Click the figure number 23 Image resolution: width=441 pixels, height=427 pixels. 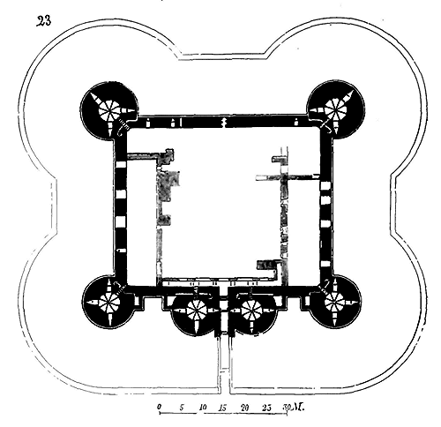(44, 21)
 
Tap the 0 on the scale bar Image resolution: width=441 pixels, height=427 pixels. (160, 407)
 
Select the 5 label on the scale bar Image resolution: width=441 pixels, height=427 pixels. (182, 408)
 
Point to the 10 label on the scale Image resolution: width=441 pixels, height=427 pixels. (203, 408)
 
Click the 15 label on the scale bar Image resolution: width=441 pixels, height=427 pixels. (223, 408)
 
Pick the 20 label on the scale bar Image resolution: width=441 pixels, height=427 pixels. (245, 408)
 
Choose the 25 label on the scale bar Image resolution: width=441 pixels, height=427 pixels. (267, 408)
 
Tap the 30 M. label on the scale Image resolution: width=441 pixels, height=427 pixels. (293, 408)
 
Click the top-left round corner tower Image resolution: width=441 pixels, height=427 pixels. (108, 110)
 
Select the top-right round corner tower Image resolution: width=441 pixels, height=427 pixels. (335, 110)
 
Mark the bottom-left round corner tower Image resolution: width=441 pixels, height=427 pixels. (109, 302)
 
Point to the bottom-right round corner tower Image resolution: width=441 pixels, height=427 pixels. (334, 302)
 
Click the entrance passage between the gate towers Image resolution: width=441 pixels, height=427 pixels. (224, 311)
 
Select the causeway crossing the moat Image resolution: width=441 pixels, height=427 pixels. (225, 364)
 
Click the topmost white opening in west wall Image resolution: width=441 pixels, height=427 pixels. (120, 165)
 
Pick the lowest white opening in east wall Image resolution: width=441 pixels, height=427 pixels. (325, 264)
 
